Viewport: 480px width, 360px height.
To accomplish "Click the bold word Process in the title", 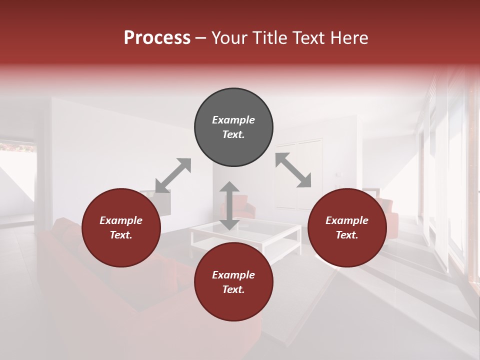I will coord(157,38).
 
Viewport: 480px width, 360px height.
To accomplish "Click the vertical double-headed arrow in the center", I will coord(229,205).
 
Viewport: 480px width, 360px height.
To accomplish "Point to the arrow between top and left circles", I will coord(173,175).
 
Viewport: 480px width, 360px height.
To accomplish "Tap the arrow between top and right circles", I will coord(293,170).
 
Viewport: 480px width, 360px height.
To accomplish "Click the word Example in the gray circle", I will coord(233,120).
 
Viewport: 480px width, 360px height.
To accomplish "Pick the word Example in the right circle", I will coord(347,220).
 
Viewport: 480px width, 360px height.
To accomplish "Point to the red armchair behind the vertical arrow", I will coord(246,206).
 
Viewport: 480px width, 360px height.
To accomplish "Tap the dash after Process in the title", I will coord(201,38).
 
